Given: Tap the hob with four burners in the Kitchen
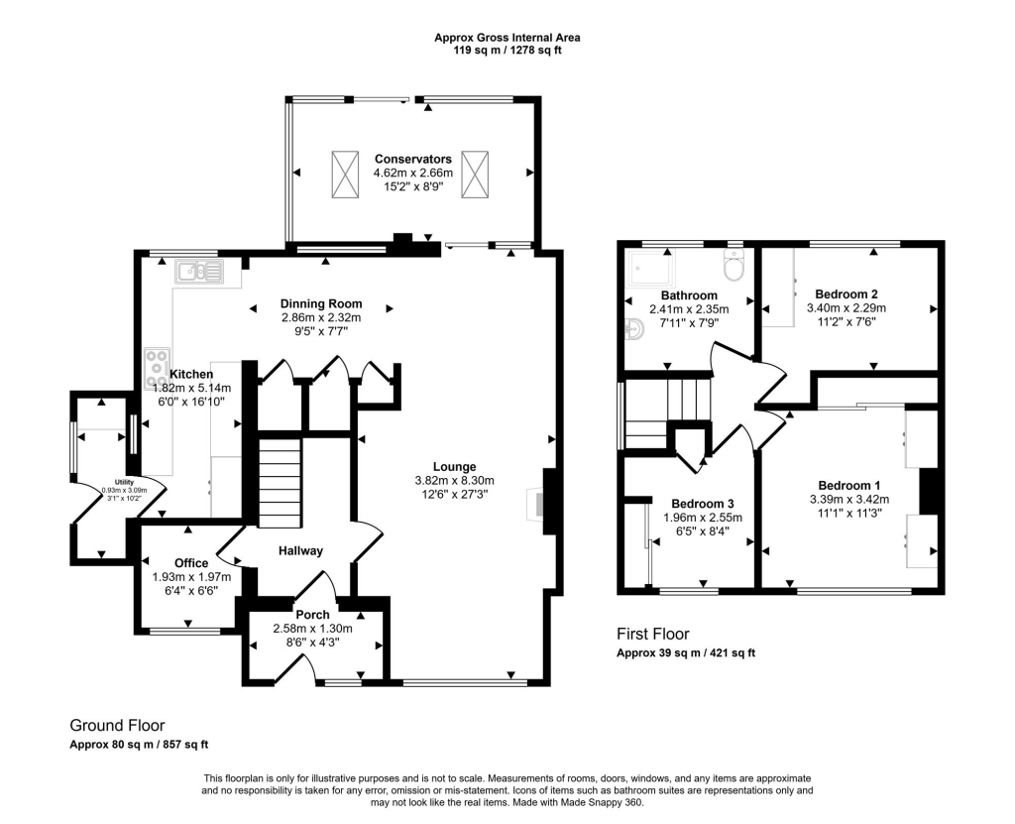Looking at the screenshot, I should pos(158,368).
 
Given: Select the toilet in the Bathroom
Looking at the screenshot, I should pos(734,266).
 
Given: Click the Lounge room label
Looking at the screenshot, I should pos(454,466).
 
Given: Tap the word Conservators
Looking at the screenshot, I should pos(412,159).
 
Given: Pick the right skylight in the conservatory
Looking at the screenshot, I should pos(476,174).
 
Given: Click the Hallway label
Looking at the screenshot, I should pos(300,551).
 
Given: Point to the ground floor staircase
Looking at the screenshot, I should pos(279,486).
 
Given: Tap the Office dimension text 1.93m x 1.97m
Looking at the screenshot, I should pos(191,577).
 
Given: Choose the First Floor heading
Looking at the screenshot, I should pos(652,635).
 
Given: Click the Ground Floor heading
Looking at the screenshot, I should pos(117,726).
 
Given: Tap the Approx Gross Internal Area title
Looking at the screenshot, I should pos(507,38).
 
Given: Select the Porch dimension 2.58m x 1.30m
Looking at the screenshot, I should pos(313,629).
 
